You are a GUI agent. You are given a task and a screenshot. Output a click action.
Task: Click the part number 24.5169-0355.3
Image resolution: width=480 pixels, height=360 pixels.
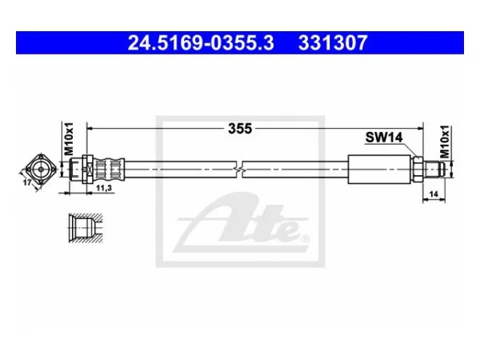point(201,43)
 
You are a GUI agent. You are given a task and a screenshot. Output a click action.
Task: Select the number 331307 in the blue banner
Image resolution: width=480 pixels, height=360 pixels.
point(333,43)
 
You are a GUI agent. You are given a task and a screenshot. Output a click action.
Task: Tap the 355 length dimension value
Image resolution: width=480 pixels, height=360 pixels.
point(240,129)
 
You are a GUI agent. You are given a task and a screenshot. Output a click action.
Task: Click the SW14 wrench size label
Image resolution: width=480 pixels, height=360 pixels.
point(384,138)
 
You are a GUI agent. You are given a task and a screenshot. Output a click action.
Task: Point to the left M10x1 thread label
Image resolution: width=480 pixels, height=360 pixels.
point(69,138)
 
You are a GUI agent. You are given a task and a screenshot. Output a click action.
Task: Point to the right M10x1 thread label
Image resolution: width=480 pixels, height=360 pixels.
point(445,142)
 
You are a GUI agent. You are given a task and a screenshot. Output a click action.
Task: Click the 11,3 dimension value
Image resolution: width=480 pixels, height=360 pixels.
point(104,188)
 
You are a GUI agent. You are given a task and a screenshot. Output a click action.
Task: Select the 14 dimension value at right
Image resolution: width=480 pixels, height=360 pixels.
point(434,194)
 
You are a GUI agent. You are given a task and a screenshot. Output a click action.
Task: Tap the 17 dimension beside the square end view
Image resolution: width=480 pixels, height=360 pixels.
point(27,182)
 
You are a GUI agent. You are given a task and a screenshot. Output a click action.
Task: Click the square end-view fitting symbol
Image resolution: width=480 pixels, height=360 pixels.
point(41,169)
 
